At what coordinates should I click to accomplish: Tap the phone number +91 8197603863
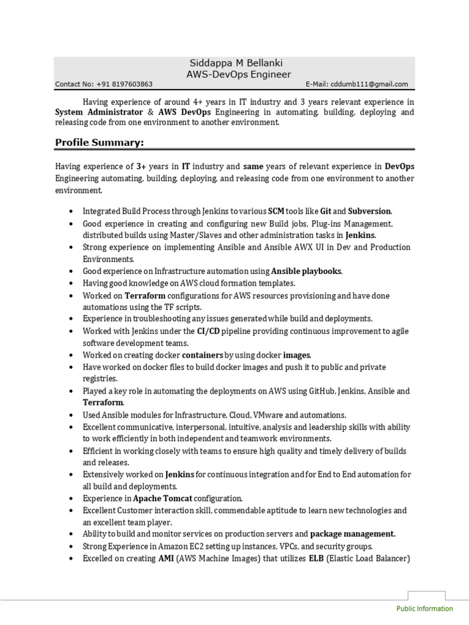pos(126,85)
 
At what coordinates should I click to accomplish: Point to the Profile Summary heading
pos(100,143)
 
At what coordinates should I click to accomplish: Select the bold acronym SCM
pos(277,211)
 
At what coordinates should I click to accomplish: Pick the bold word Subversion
pos(369,211)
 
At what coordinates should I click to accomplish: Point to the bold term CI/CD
pos(208,331)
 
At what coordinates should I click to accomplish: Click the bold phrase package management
pos(352,533)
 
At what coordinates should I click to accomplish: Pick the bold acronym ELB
pos(317,558)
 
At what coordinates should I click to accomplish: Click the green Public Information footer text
pos(424,609)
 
